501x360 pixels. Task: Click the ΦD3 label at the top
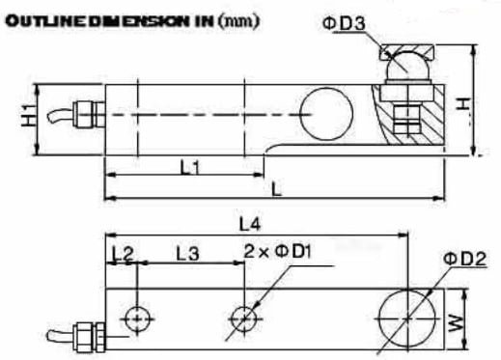[x=344, y=24]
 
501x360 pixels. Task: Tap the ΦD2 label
[x=464, y=259]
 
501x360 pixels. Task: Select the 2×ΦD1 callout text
[x=278, y=251]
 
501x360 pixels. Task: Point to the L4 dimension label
[x=250, y=224]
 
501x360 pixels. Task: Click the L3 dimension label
[x=187, y=253]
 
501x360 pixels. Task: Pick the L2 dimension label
[x=123, y=253]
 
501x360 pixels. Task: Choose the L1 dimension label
[x=190, y=167]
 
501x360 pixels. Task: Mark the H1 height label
[x=29, y=116]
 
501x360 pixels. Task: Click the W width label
[x=457, y=323]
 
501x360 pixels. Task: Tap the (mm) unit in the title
[x=238, y=21]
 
